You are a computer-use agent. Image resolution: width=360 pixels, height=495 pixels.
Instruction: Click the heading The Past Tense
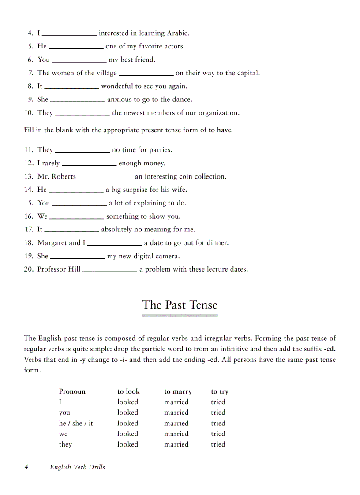[x=180, y=305]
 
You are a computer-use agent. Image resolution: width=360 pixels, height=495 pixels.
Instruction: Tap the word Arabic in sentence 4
[x=178, y=33]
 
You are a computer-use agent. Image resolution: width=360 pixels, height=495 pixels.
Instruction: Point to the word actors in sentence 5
[x=174, y=46]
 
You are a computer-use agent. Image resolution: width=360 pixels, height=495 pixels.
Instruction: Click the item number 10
[x=29, y=113]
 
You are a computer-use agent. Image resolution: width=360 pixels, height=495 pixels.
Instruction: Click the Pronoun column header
[x=72, y=391]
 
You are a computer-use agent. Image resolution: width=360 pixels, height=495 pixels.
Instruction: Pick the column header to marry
[x=178, y=391]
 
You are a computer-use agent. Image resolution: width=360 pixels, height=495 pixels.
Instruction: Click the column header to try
[x=220, y=391]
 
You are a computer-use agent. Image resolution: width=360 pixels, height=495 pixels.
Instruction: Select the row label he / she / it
[x=76, y=423]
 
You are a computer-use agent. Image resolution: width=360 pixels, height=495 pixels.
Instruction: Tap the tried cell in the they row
[x=218, y=444]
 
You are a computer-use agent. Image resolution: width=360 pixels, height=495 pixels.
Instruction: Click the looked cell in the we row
[x=127, y=434]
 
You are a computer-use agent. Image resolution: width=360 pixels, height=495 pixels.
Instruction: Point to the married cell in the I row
[x=176, y=402]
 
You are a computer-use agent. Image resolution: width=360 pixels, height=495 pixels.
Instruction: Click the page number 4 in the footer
[x=26, y=467]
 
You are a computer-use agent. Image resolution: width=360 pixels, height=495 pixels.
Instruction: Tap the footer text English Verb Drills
[x=77, y=467]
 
